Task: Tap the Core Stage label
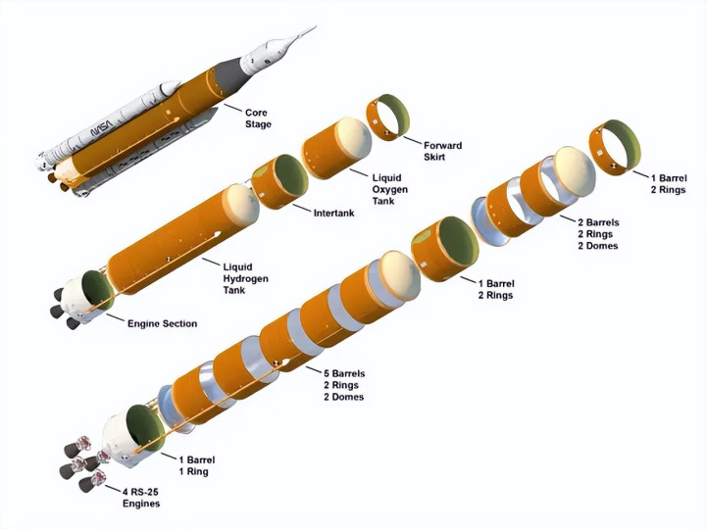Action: pos(256,119)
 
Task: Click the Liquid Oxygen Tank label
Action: pos(390,188)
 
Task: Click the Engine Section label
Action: pos(162,323)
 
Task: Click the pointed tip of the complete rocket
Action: pos(315,27)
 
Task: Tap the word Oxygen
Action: pos(390,188)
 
